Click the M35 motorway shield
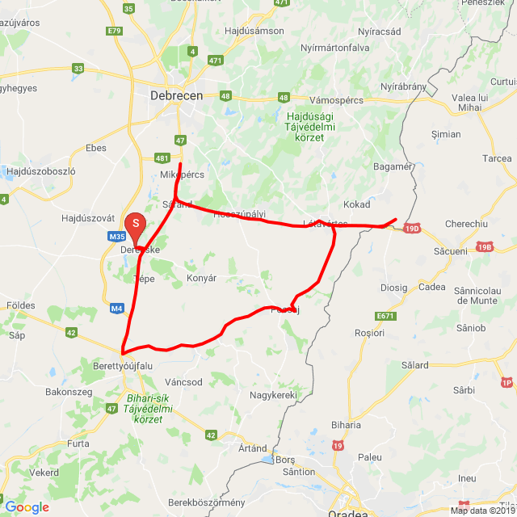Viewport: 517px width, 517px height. (x=116, y=237)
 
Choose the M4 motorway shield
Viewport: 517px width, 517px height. (x=117, y=308)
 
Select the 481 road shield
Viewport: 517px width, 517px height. (x=162, y=158)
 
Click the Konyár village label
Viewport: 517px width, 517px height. (x=202, y=278)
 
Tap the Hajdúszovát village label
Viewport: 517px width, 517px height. (x=90, y=219)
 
